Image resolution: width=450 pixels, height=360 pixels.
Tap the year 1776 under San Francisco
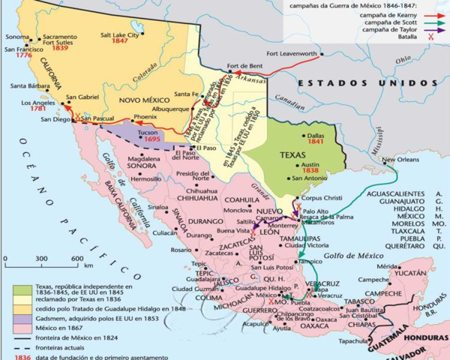pyautogui.click(x=22, y=55)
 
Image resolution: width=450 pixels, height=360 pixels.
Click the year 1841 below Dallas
pyautogui.click(x=316, y=141)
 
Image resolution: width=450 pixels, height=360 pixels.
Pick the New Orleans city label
pyautogui.click(x=400, y=160)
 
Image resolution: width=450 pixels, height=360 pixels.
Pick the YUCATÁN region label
pyautogui.click(x=412, y=274)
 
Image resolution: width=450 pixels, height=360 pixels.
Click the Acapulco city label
pyautogui.click(x=253, y=325)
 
